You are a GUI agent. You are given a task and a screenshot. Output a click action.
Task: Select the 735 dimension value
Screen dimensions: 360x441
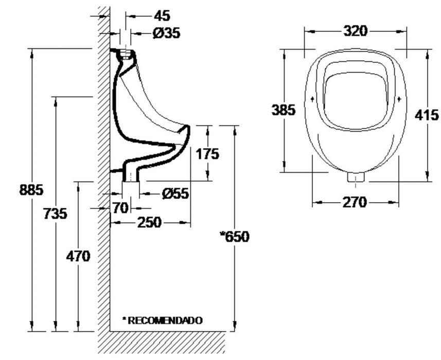tap(55, 213)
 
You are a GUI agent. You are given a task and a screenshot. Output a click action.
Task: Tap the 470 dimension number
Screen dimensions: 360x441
tap(77, 256)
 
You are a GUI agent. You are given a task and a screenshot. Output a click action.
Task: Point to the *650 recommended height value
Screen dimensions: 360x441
tap(235, 237)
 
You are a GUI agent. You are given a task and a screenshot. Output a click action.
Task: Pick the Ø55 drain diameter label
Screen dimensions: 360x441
tap(174, 193)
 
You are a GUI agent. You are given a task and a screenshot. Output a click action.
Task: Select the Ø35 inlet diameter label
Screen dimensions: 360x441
tap(167, 33)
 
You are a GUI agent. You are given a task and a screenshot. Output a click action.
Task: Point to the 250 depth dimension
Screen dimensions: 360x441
tap(150, 223)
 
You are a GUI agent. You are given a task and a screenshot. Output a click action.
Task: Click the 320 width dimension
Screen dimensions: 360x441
tap(356, 31)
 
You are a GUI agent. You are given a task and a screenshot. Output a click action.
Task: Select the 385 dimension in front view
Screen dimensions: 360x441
tap(284, 110)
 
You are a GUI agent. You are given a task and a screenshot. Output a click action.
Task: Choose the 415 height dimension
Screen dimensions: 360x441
tap(427, 115)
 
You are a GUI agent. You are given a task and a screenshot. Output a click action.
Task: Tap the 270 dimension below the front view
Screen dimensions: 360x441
tap(355, 202)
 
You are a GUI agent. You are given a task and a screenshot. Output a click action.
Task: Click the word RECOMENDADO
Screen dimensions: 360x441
tap(165, 320)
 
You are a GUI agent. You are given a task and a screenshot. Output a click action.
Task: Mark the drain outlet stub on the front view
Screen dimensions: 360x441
tap(356, 177)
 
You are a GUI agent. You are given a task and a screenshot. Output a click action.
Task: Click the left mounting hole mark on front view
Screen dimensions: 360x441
tap(312, 98)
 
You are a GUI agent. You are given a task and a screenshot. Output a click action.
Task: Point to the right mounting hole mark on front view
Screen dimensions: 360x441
tap(400, 98)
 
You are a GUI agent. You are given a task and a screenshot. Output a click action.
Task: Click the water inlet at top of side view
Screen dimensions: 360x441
tap(125, 52)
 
